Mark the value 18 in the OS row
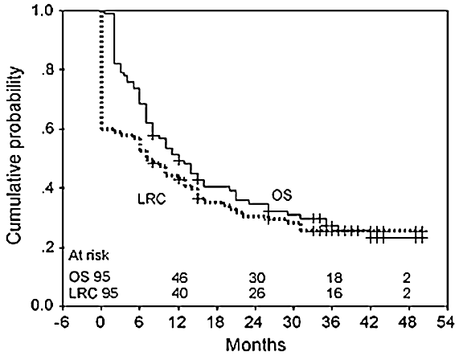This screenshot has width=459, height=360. pyautogui.click(x=332, y=276)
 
